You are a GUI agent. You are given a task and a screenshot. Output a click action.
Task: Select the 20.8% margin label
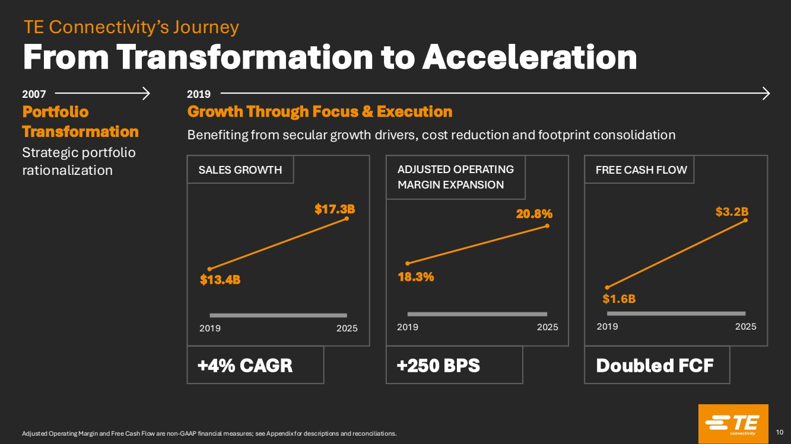(x=534, y=213)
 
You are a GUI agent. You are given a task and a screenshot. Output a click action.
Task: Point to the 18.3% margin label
(x=416, y=276)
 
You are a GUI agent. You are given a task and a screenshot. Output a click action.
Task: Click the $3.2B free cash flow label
(x=732, y=212)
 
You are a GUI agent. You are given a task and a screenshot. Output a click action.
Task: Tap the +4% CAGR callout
(x=245, y=366)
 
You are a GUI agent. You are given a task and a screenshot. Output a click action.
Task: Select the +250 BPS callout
(x=438, y=366)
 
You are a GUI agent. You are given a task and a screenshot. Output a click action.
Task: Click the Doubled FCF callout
(x=654, y=366)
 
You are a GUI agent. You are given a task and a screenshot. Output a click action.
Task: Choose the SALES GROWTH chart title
(x=240, y=170)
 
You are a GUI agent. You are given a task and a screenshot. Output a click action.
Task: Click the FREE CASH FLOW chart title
(x=641, y=170)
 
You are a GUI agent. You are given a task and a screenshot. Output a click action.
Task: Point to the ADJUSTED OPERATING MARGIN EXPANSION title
(x=455, y=177)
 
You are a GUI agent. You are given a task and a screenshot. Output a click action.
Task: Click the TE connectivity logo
(x=733, y=423)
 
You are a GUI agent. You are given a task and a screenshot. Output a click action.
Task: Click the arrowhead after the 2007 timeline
(x=146, y=92)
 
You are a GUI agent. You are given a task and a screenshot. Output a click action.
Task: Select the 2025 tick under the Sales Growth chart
(x=347, y=328)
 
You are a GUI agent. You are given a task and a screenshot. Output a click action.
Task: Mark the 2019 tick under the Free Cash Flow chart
(x=607, y=327)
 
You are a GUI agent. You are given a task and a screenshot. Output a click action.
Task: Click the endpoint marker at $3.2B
(x=745, y=221)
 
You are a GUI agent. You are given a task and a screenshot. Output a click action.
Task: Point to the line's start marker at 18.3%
(x=407, y=263)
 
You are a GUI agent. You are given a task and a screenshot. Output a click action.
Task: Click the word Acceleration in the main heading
(x=529, y=58)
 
